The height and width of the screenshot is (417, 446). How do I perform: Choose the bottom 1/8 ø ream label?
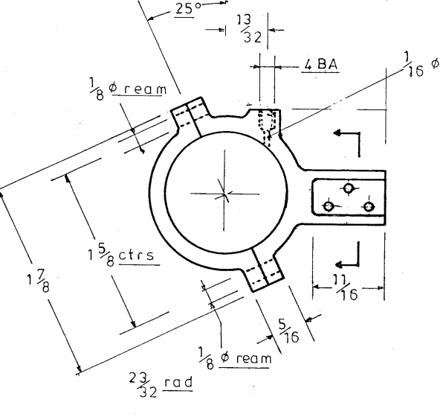click(233, 356)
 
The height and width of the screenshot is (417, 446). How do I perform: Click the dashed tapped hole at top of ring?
click(267, 124)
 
